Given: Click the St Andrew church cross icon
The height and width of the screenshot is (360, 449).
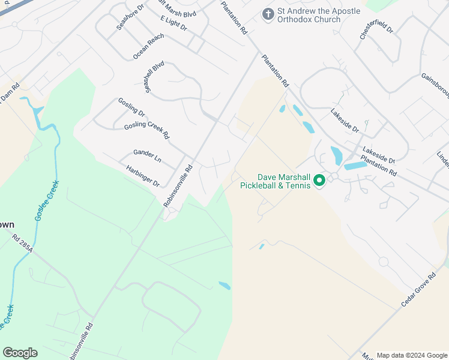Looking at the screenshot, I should pyautogui.click(x=268, y=13).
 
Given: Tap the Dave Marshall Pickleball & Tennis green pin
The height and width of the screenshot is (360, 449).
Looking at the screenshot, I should pyautogui.click(x=319, y=179).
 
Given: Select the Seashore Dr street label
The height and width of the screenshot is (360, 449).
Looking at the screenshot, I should pyautogui.click(x=131, y=20).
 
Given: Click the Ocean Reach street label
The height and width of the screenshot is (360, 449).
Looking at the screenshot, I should pyautogui.click(x=148, y=46).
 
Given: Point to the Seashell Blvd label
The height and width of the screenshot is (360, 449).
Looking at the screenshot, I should pyautogui.click(x=154, y=76).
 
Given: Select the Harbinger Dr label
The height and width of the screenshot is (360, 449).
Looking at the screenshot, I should pyautogui.click(x=142, y=175).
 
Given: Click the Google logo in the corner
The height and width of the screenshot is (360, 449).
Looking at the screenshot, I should pyautogui.click(x=20, y=353).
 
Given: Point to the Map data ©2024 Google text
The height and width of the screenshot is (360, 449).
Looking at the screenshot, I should pyautogui.click(x=412, y=355).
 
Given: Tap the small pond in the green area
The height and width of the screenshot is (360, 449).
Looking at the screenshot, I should pyautogui.click(x=224, y=286).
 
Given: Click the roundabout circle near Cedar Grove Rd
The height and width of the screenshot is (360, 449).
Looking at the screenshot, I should pyautogui.click(x=383, y=262).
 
